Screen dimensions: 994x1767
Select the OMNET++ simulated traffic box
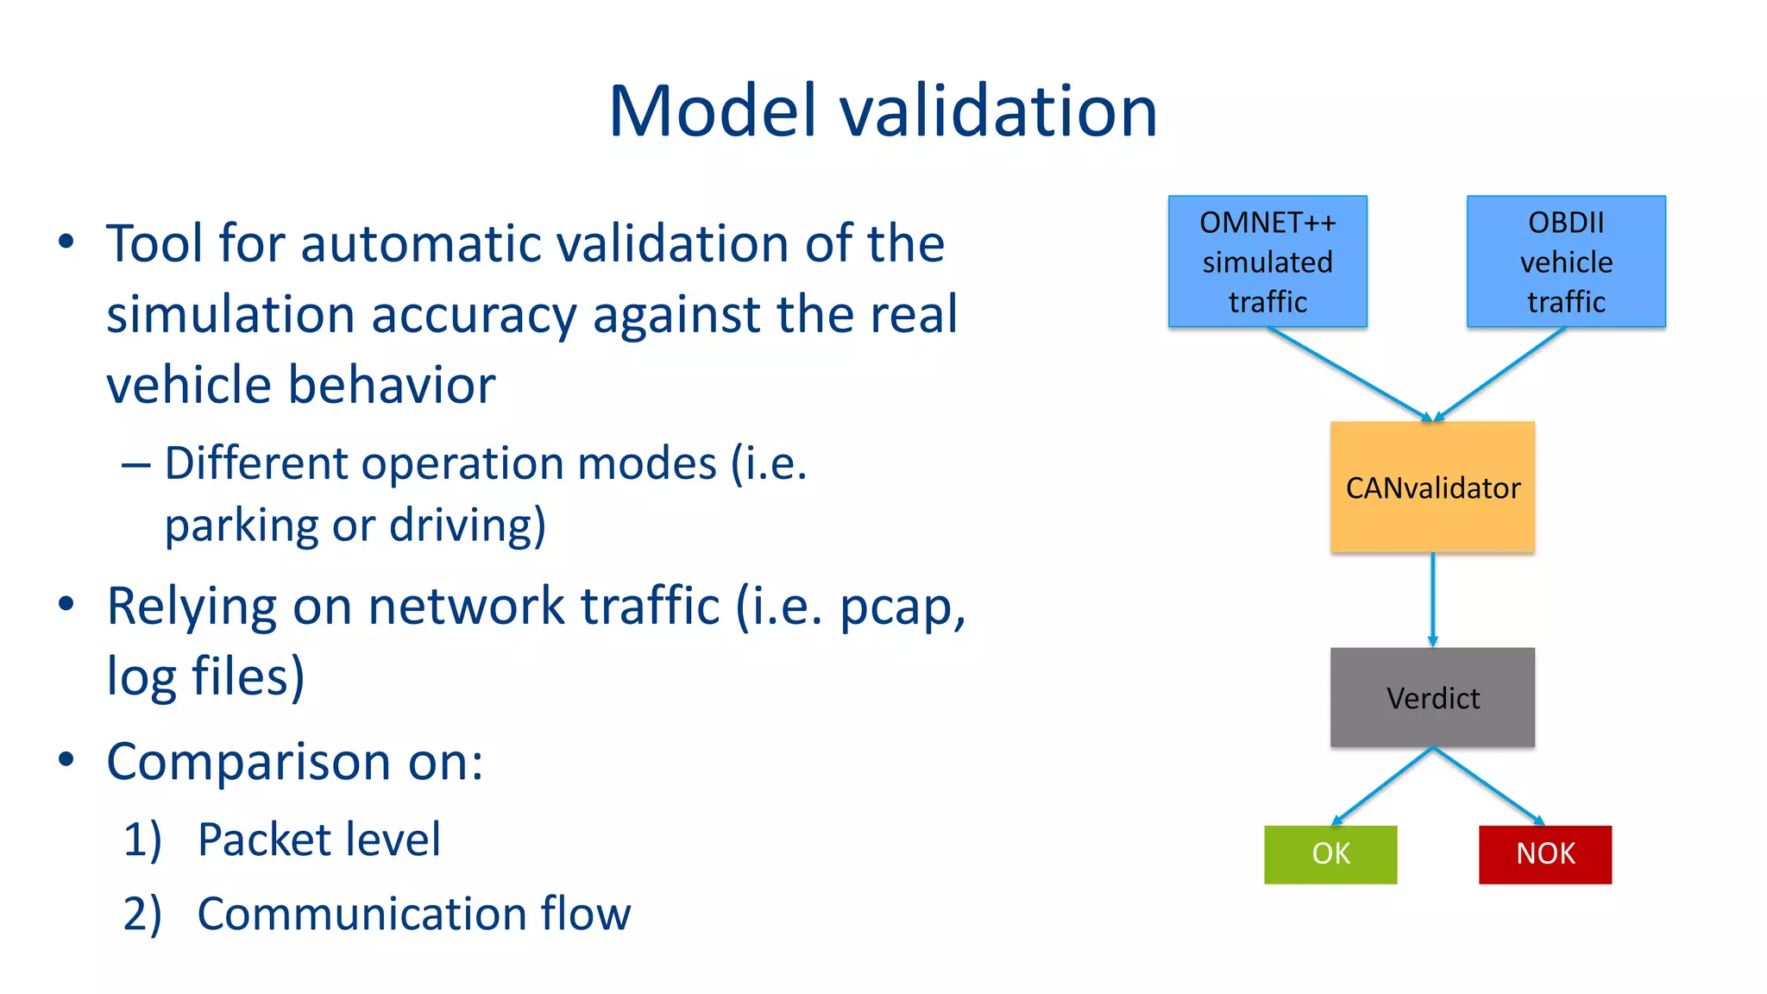[1267, 261]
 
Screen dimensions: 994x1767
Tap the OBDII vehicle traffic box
[1566, 261]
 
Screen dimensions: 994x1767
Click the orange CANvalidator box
[1432, 488]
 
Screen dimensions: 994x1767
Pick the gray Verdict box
[1432, 697]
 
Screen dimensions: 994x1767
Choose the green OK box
[1330, 854]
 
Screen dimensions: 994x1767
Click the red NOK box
[1545, 854]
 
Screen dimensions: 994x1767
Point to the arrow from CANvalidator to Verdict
[1432, 600]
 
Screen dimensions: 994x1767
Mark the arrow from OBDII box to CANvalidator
[1500, 374]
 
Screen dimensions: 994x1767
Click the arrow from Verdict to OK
[1382, 786]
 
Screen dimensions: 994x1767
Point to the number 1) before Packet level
[142, 840]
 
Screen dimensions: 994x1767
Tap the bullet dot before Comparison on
[66, 759]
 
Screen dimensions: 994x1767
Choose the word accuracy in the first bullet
[474, 316]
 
